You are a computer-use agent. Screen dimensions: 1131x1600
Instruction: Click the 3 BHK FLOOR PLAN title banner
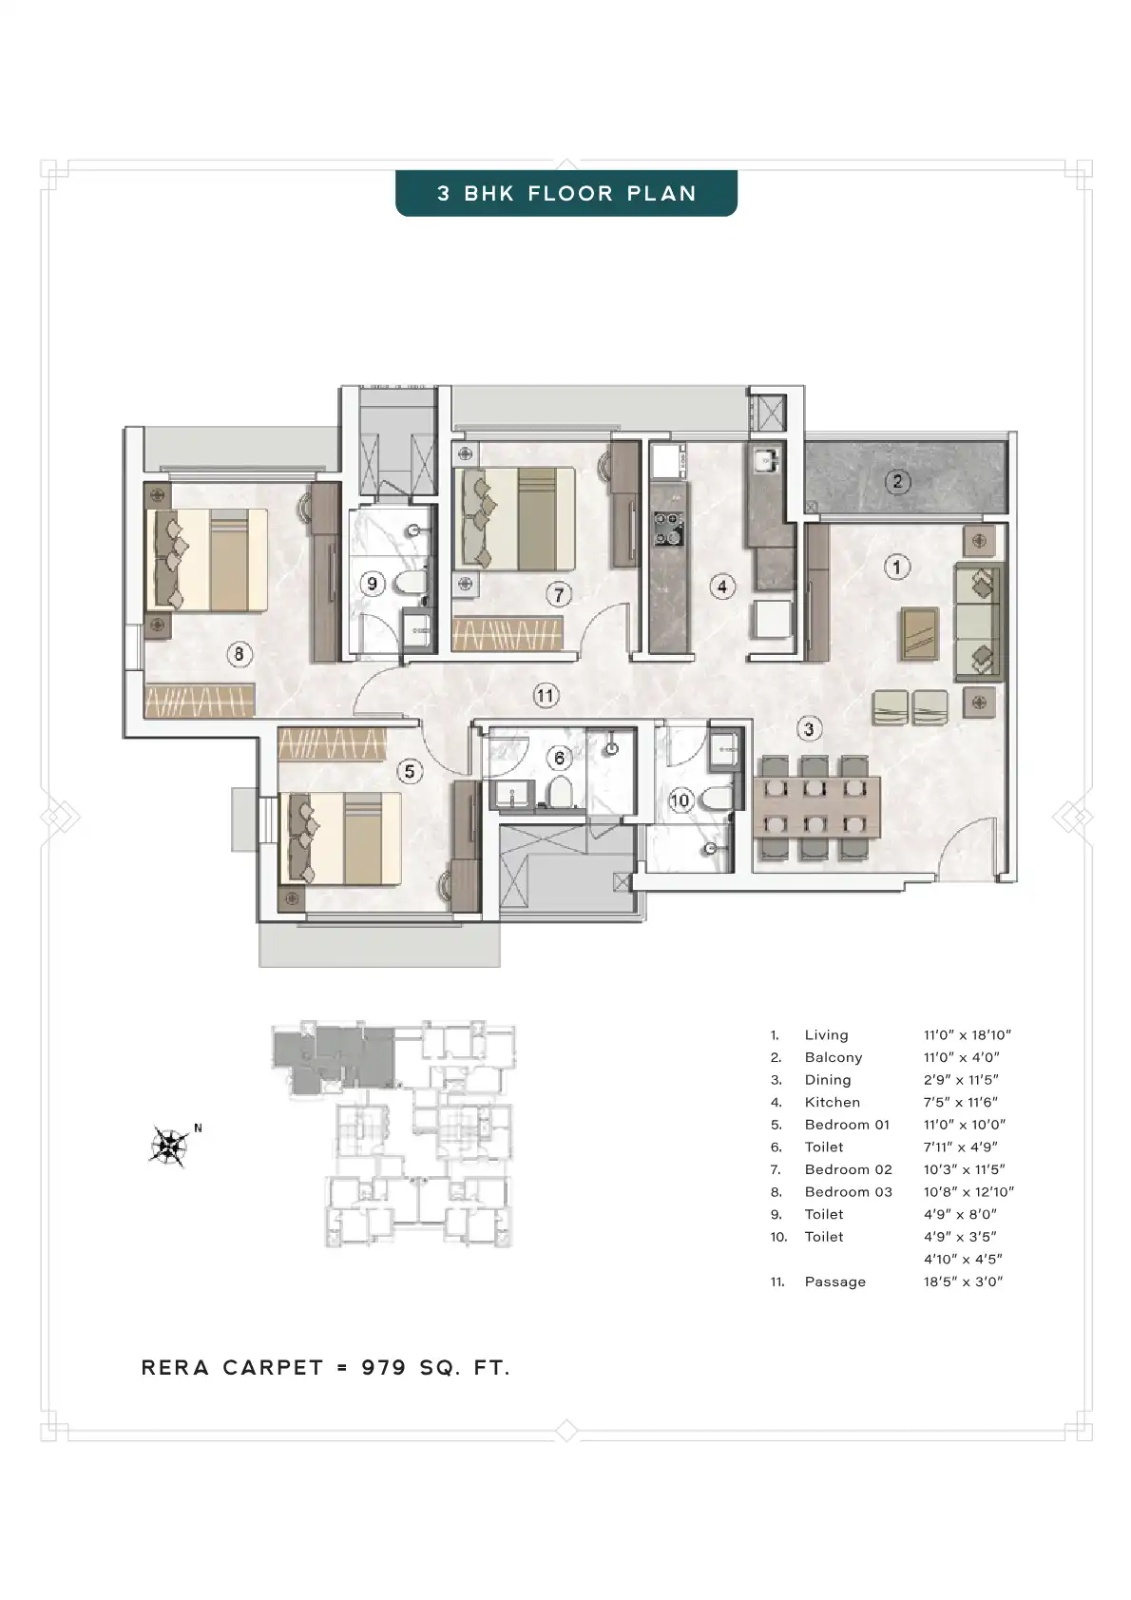(565, 193)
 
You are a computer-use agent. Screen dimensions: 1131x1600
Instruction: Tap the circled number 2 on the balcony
(897, 481)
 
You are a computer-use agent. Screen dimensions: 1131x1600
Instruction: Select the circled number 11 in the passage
(546, 695)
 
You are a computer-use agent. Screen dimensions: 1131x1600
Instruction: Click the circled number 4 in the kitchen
(722, 587)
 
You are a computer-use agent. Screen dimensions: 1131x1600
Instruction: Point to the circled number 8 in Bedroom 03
(240, 653)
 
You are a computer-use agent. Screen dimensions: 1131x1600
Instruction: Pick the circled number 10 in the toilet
(680, 800)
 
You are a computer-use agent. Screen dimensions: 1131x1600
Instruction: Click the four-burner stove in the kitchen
(668, 528)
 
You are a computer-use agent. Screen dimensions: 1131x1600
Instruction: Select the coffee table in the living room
(920, 633)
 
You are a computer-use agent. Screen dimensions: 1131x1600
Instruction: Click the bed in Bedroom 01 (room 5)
(344, 839)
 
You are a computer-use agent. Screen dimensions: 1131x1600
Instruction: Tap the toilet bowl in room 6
(561, 792)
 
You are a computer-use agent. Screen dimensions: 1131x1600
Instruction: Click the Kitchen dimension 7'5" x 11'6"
(960, 1102)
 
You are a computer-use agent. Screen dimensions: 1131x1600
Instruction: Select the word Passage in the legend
(834, 1282)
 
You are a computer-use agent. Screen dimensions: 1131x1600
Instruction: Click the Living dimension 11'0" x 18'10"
(968, 1035)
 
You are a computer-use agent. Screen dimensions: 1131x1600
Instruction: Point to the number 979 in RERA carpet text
(383, 1367)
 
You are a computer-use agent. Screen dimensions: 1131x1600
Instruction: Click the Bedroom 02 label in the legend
(848, 1169)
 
